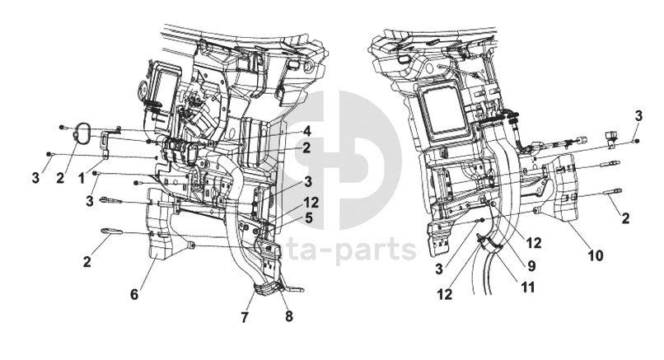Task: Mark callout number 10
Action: [x=595, y=255]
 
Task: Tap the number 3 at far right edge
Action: [x=638, y=115]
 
